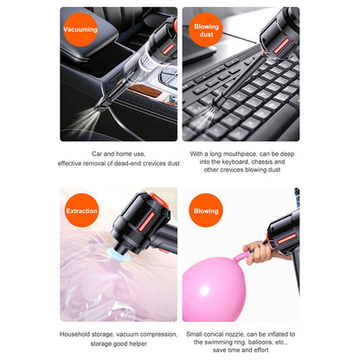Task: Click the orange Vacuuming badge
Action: [81, 30]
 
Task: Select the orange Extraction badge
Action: [81, 210]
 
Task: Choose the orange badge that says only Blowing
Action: [206, 210]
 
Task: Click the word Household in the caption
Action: [77, 333]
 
